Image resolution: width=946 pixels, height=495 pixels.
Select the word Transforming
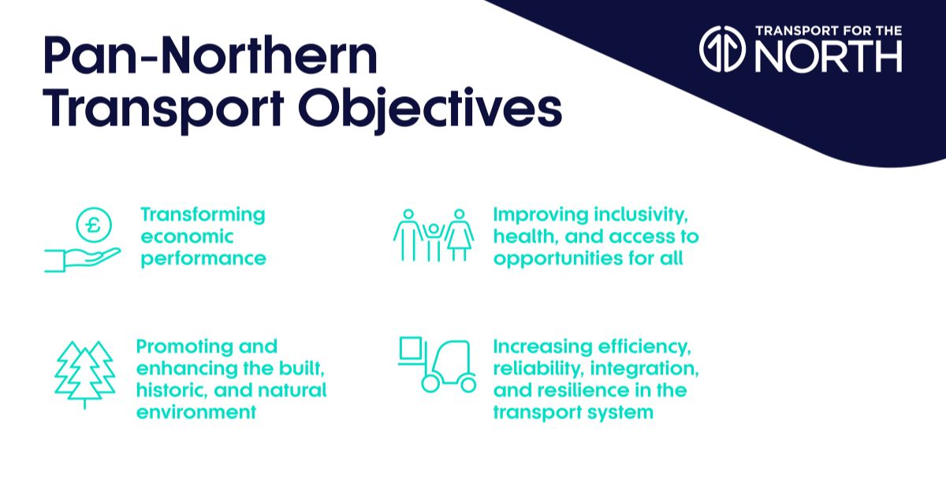coord(203,214)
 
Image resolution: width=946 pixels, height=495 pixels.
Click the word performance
coord(203,259)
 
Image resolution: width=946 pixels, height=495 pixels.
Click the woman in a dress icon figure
coord(459,235)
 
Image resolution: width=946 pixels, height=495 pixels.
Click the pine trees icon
coord(84,373)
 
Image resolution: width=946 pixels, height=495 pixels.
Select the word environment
coord(196,413)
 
